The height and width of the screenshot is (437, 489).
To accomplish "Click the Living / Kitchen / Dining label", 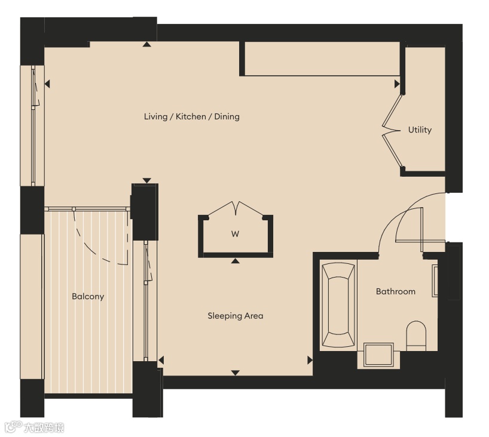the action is [x=192, y=117].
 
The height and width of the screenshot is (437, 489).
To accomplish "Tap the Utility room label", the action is [x=420, y=130].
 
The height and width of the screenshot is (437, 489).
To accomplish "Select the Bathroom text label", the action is [x=395, y=291].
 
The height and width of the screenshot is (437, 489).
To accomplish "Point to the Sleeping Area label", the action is [x=236, y=316].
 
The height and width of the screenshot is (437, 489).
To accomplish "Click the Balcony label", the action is [x=88, y=296].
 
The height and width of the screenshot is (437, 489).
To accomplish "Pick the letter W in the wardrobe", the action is [x=235, y=234].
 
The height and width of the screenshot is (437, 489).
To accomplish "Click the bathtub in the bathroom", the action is [x=338, y=305].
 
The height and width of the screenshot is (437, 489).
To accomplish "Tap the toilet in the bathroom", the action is [x=416, y=336].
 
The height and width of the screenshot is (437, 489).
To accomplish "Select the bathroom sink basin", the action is [x=378, y=354].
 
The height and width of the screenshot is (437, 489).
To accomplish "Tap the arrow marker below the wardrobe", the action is [x=236, y=261].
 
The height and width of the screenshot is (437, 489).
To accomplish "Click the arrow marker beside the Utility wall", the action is [x=397, y=84].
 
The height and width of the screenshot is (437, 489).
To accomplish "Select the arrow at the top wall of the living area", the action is [x=147, y=44].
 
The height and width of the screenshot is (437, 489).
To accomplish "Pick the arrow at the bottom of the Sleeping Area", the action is [x=236, y=373].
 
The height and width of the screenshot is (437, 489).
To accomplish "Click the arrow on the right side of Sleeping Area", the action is [x=310, y=360].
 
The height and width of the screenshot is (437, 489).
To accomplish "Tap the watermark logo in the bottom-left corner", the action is [x=34, y=427].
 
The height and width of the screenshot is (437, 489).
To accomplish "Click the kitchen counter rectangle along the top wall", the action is [x=322, y=59].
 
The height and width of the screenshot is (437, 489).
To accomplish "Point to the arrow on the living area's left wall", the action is [x=47, y=84].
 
